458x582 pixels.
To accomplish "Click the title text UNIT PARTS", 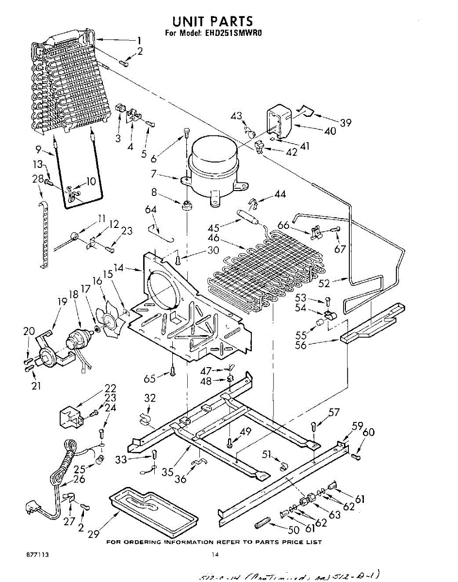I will (213, 21).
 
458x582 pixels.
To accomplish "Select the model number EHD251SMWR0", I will (233, 33).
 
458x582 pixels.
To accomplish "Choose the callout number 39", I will (345, 123).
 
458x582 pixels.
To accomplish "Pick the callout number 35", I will (168, 471).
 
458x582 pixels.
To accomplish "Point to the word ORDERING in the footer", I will (140, 542).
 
